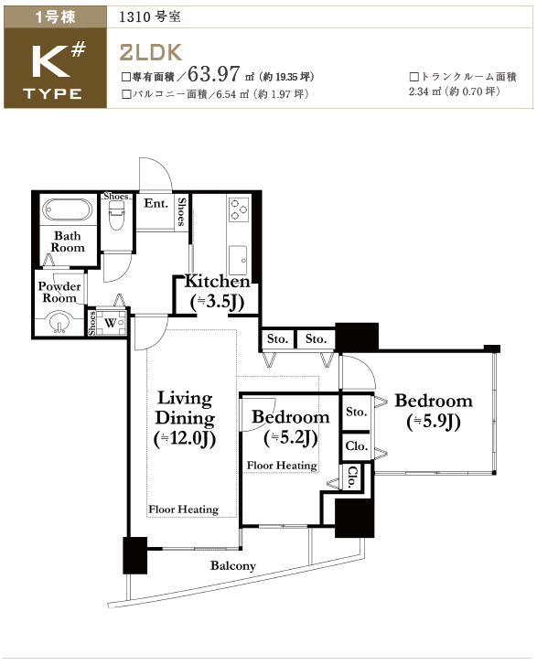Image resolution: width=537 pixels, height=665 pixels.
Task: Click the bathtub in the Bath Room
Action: pos(68,210)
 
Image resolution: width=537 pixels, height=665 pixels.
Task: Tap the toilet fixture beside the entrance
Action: pos(117,215)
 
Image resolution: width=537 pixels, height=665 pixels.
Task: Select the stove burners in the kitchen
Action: pos(239,210)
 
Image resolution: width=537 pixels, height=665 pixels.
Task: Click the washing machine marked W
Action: pos(111,323)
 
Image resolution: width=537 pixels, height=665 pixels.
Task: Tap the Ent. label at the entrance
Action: pos(156,204)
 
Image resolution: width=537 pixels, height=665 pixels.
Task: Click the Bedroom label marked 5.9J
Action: pos(434,411)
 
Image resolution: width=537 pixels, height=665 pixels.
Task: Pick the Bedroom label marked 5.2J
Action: pos(291,427)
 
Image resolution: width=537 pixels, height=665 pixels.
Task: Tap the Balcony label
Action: pos(233,566)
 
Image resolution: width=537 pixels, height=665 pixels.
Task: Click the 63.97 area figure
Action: pos(214,74)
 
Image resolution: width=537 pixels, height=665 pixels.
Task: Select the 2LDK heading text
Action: pos(151,52)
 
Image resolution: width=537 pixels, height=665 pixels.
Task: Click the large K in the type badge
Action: pos(50,62)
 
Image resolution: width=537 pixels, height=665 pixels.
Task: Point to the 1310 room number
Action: pos(134,17)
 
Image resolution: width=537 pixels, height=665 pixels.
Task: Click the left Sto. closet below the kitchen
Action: pos(277,338)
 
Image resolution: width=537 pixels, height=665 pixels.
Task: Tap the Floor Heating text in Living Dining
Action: pos(183,509)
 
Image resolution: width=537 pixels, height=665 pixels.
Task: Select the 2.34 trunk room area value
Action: pos(419,91)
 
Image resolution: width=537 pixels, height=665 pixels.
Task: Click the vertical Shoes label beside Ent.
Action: pos(181,211)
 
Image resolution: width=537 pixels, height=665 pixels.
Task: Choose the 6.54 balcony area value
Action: pos(226,94)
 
